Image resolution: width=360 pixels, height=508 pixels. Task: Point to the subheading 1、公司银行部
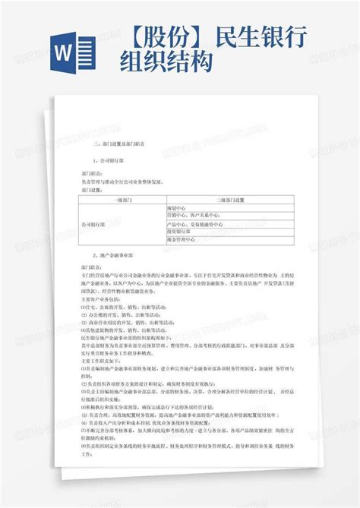point(106,161)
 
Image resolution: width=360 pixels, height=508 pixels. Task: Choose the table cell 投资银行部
point(179,232)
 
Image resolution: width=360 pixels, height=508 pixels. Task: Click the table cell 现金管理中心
point(182,241)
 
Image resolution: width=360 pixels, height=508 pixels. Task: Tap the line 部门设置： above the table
point(90,191)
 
